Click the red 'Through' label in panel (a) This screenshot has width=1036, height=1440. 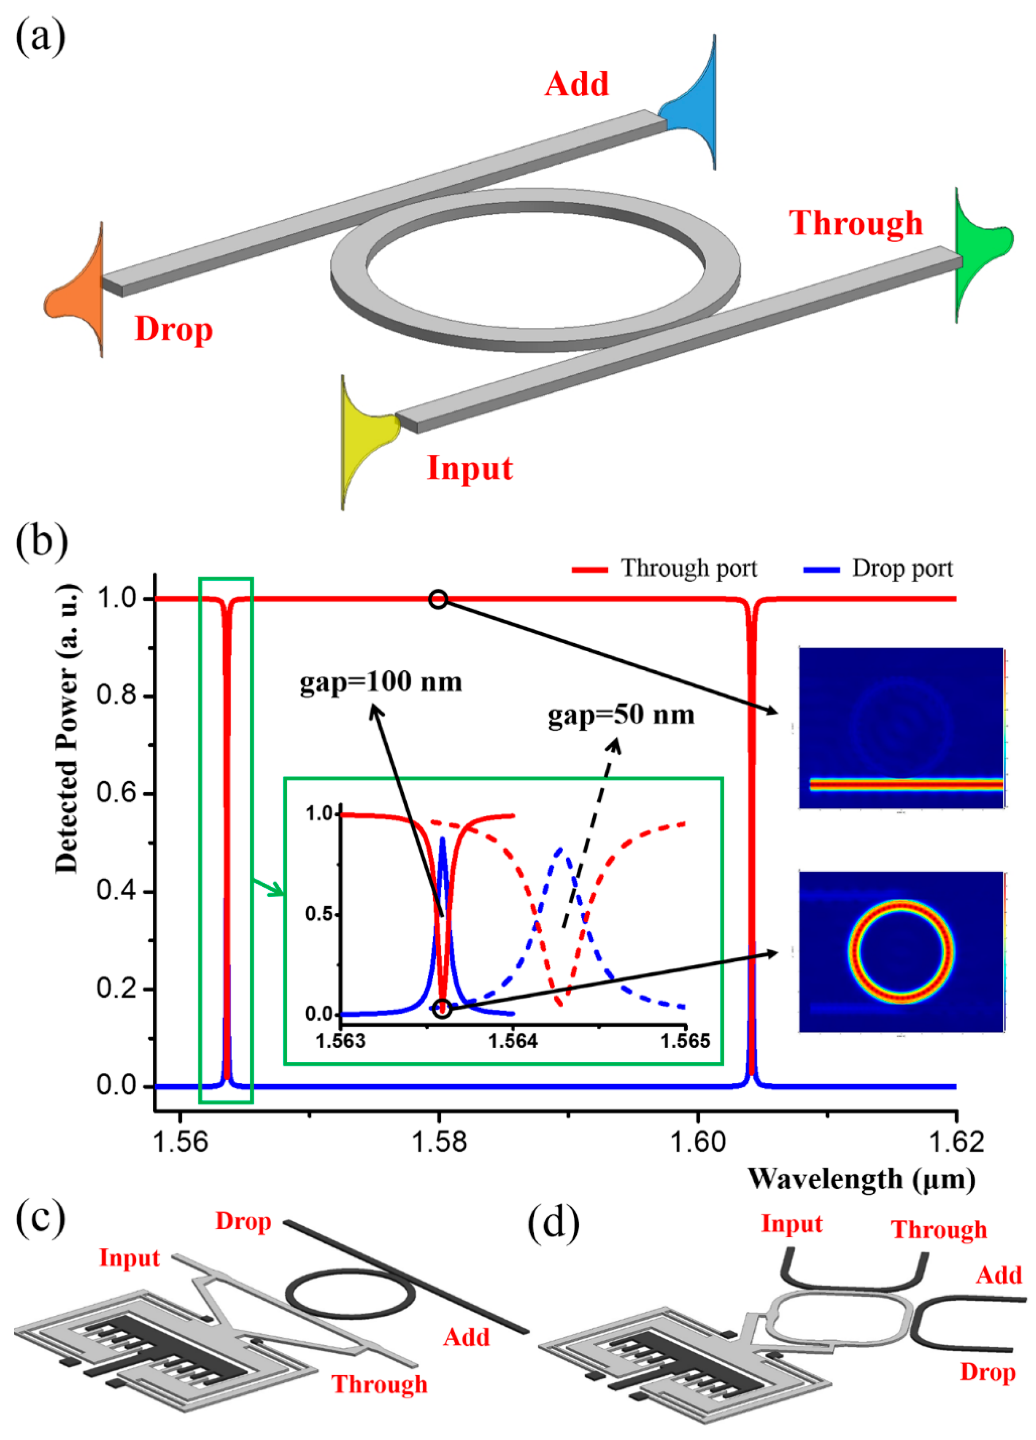click(x=855, y=224)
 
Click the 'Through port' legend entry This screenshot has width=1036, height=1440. click(x=664, y=568)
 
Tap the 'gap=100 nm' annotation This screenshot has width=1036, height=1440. click(x=381, y=682)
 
